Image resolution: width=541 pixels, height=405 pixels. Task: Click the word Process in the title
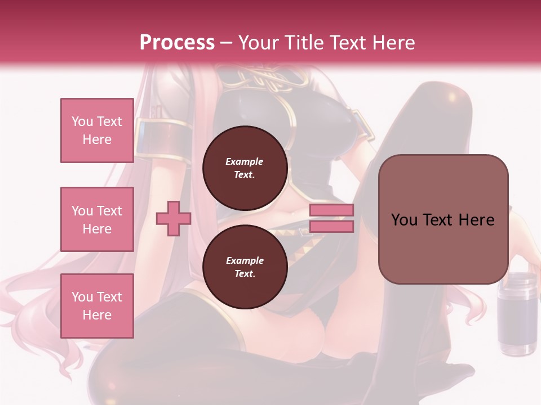click(x=177, y=43)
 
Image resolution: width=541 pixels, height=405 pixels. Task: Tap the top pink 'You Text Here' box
click(x=97, y=130)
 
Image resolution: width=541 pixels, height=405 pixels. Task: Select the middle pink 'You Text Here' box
click(x=97, y=219)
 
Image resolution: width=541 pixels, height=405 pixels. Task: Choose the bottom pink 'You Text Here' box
click(x=97, y=306)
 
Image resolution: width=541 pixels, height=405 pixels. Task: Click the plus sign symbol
click(x=173, y=218)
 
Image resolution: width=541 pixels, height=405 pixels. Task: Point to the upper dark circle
click(x=245, y=168)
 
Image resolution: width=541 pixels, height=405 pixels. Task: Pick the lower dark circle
click(x=245, y=267)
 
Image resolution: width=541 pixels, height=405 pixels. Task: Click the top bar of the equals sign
click(x=331, y=210)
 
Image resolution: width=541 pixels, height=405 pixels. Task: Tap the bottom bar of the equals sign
click(x=331, y=226)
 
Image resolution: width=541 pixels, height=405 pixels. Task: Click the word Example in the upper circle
click(x=245, y=161)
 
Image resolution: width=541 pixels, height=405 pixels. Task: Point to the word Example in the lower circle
click(x=245, y=260)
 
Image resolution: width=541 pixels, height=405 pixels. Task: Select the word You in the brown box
click(x=404, y=220)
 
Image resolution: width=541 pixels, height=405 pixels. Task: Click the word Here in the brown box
click(x=476, y=220)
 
